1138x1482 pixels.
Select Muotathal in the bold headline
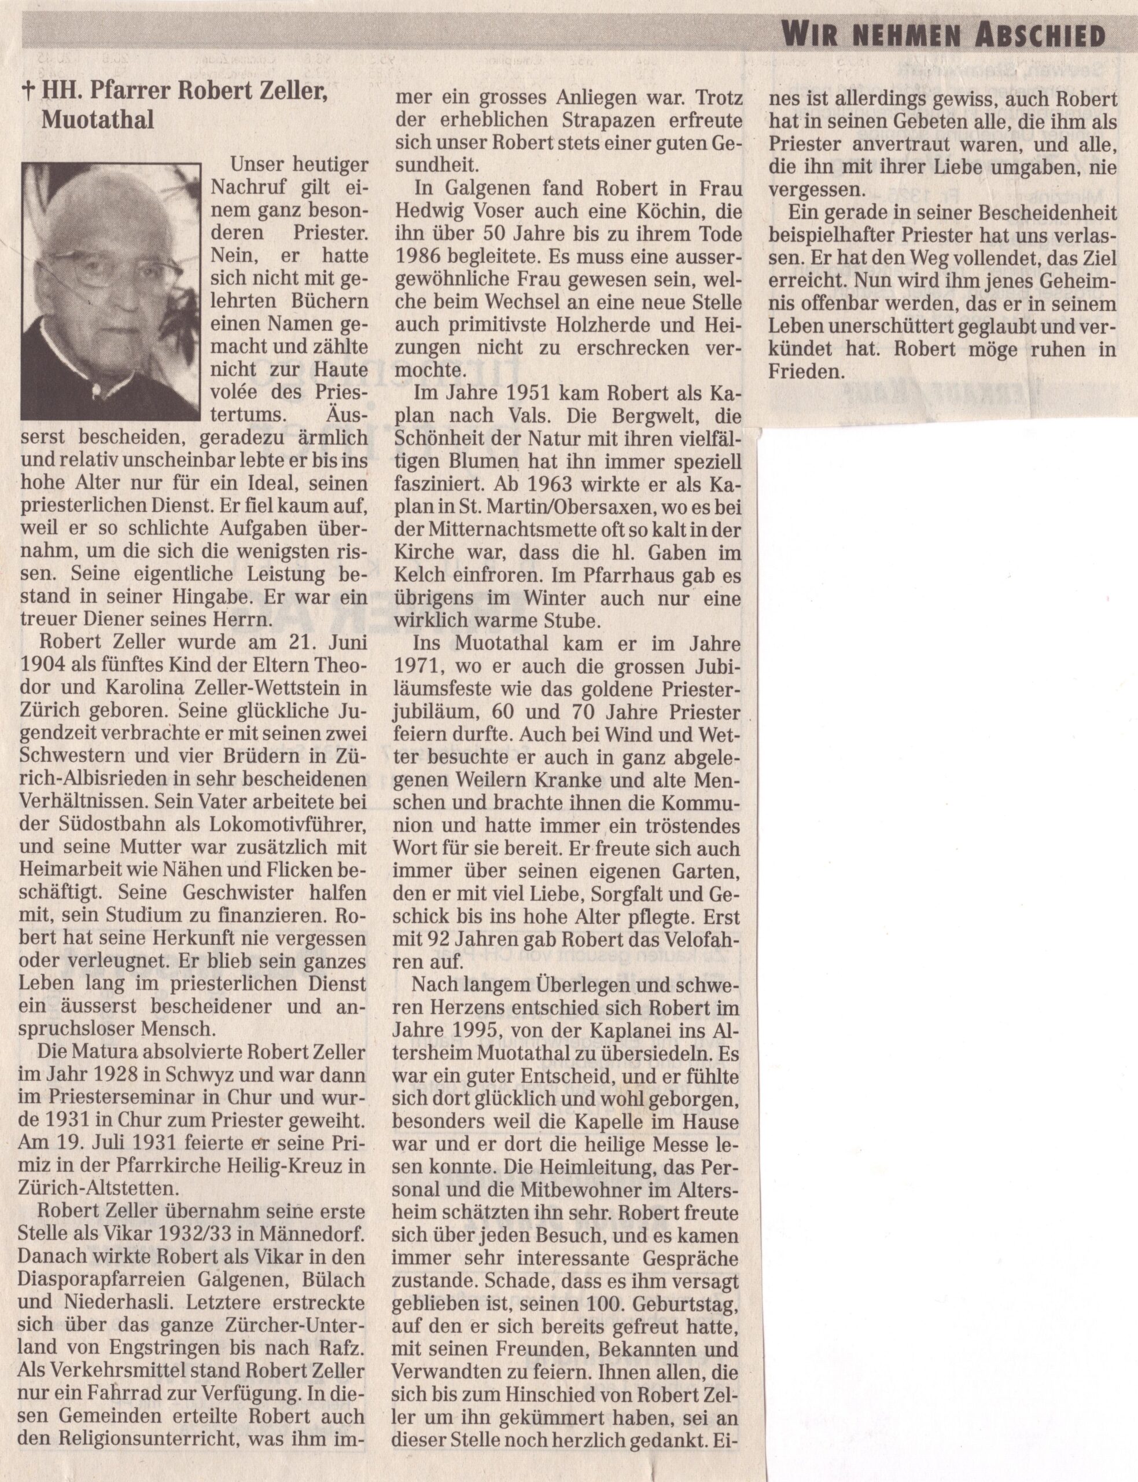tap(98, 120)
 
